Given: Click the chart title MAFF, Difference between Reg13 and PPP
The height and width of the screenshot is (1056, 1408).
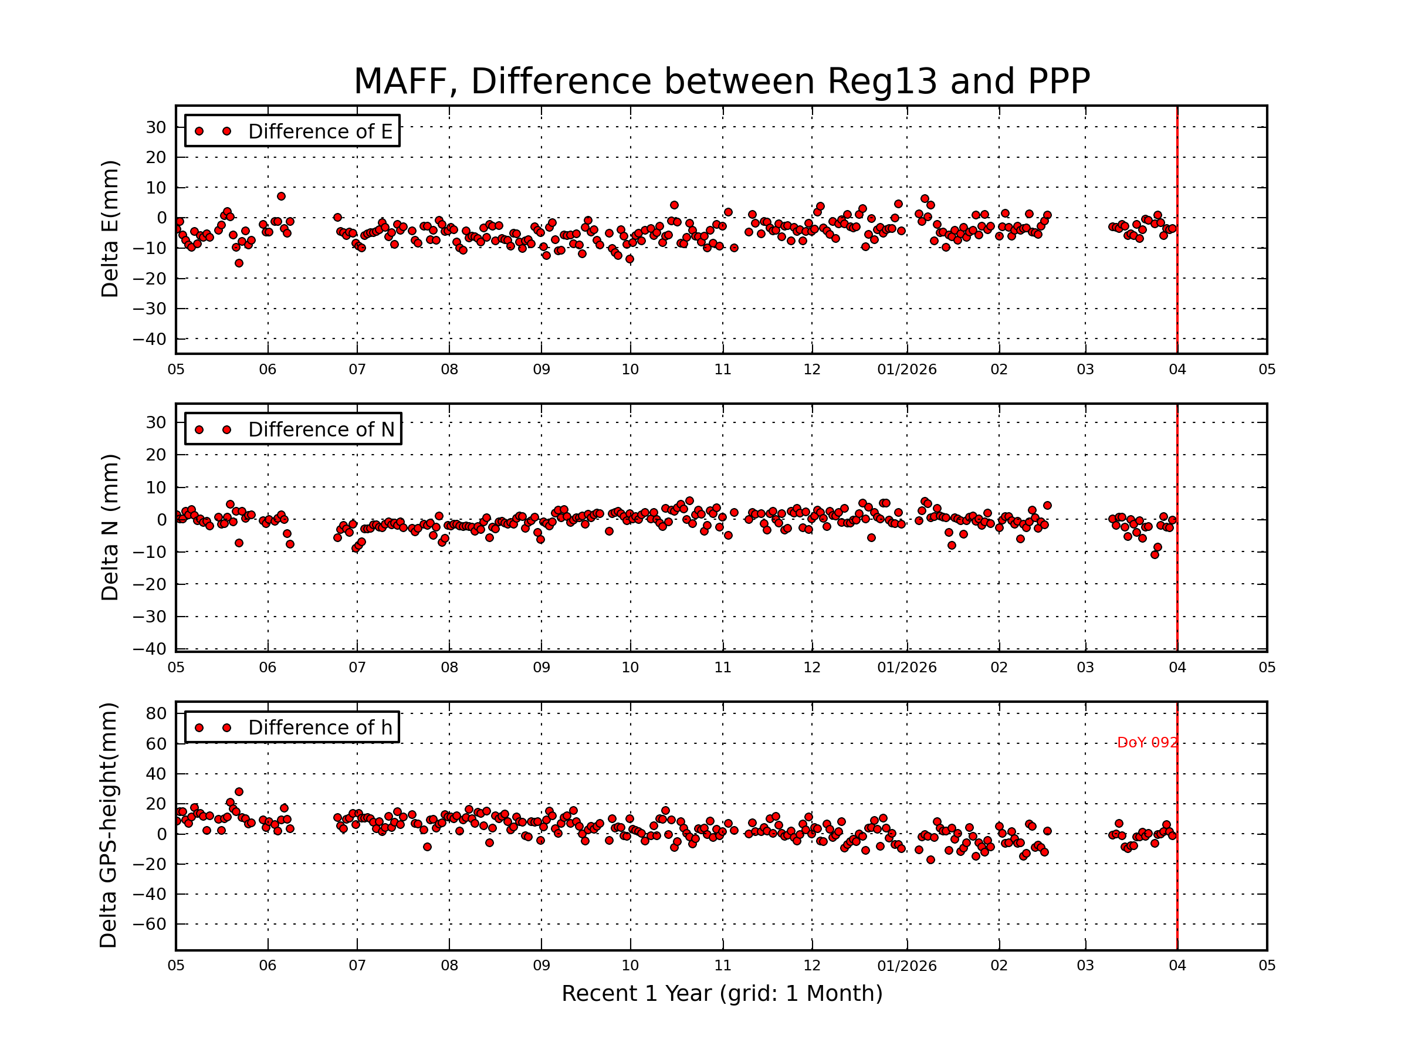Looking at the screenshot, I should pos(721,82).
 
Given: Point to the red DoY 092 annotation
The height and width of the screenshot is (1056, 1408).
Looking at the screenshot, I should pos(1147,743).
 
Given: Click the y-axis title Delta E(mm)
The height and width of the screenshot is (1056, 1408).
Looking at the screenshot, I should pos(110,229).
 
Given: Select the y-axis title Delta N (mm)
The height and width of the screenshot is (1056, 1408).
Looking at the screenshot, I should pos(110,527).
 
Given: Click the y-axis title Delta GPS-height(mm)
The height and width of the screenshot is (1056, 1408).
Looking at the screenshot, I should pos(108,825).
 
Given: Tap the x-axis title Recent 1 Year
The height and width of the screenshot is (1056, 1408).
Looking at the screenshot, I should pos(721,993).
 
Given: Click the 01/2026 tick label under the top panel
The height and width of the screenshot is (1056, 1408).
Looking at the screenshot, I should pos(906,370).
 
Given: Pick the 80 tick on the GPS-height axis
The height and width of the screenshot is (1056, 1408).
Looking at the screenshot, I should pos(156,713).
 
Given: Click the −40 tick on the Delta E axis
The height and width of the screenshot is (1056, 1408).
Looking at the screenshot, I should pos(150,339).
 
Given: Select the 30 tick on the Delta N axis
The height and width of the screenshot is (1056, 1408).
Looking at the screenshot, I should pos(156,422).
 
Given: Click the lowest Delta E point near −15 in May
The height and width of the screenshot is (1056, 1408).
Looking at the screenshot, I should pos(239,263).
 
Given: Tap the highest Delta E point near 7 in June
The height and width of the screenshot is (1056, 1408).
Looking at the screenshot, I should pos(280,196).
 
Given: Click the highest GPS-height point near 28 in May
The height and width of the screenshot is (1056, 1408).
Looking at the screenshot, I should pos(239,792).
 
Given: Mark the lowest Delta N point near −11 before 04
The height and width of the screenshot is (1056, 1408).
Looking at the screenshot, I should pos(1155,554).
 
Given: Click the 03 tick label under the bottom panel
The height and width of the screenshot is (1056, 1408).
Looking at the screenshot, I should pos(1085,966).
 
